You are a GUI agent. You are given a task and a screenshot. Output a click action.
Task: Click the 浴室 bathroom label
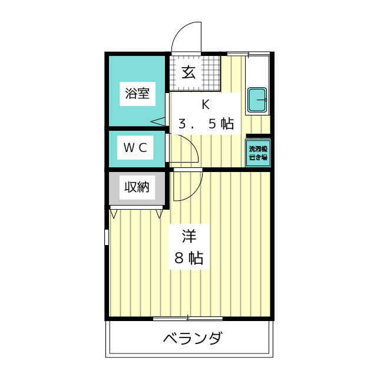[x=137, y=93]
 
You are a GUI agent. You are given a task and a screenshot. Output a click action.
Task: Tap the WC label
[x=135, y=147]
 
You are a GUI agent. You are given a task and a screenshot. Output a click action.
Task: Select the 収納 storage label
[x=136, y=187]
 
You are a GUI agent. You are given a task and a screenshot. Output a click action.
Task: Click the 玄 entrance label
[x=188, y=73]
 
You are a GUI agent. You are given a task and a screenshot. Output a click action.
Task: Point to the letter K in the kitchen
[x=206, y=105]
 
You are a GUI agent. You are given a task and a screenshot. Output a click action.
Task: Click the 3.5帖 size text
[x=206, y=124]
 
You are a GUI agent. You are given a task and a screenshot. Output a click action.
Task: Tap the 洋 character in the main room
[x=188, y=237]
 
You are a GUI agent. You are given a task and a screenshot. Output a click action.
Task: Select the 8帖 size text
[x=188, y=257]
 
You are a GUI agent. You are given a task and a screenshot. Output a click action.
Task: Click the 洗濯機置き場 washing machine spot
[x=257, y=153]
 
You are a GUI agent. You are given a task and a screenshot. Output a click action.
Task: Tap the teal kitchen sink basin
[x=257, y=100]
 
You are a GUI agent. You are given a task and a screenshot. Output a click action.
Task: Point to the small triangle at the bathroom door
[x=158, y=121]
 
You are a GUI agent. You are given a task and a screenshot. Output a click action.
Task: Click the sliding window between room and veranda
[x=188, y=319]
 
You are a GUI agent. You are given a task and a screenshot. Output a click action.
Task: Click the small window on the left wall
[x=107, y=237]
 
